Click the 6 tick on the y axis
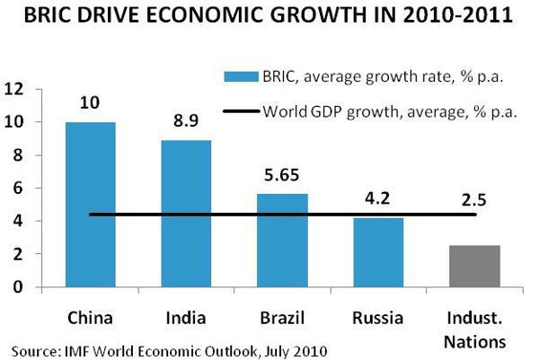17,189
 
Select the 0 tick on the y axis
17,287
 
